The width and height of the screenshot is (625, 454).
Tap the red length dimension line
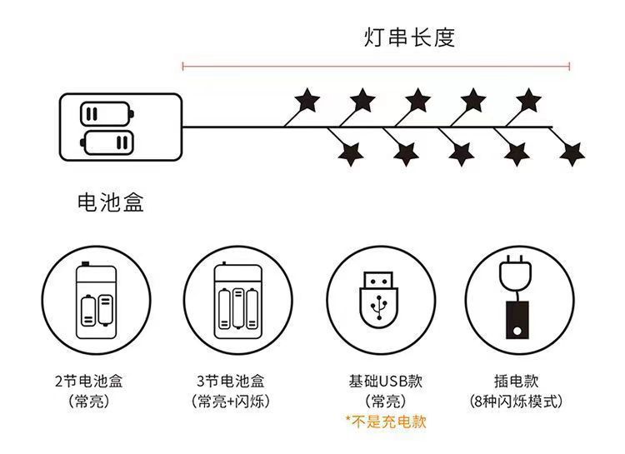376,65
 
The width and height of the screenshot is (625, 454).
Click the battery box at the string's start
120,127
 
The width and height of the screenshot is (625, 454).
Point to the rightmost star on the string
571,153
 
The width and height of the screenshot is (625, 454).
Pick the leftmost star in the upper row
307,100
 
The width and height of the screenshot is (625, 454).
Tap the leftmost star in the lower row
349,153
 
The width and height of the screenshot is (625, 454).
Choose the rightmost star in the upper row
528,100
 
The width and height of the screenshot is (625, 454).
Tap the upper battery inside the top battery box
107,114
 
